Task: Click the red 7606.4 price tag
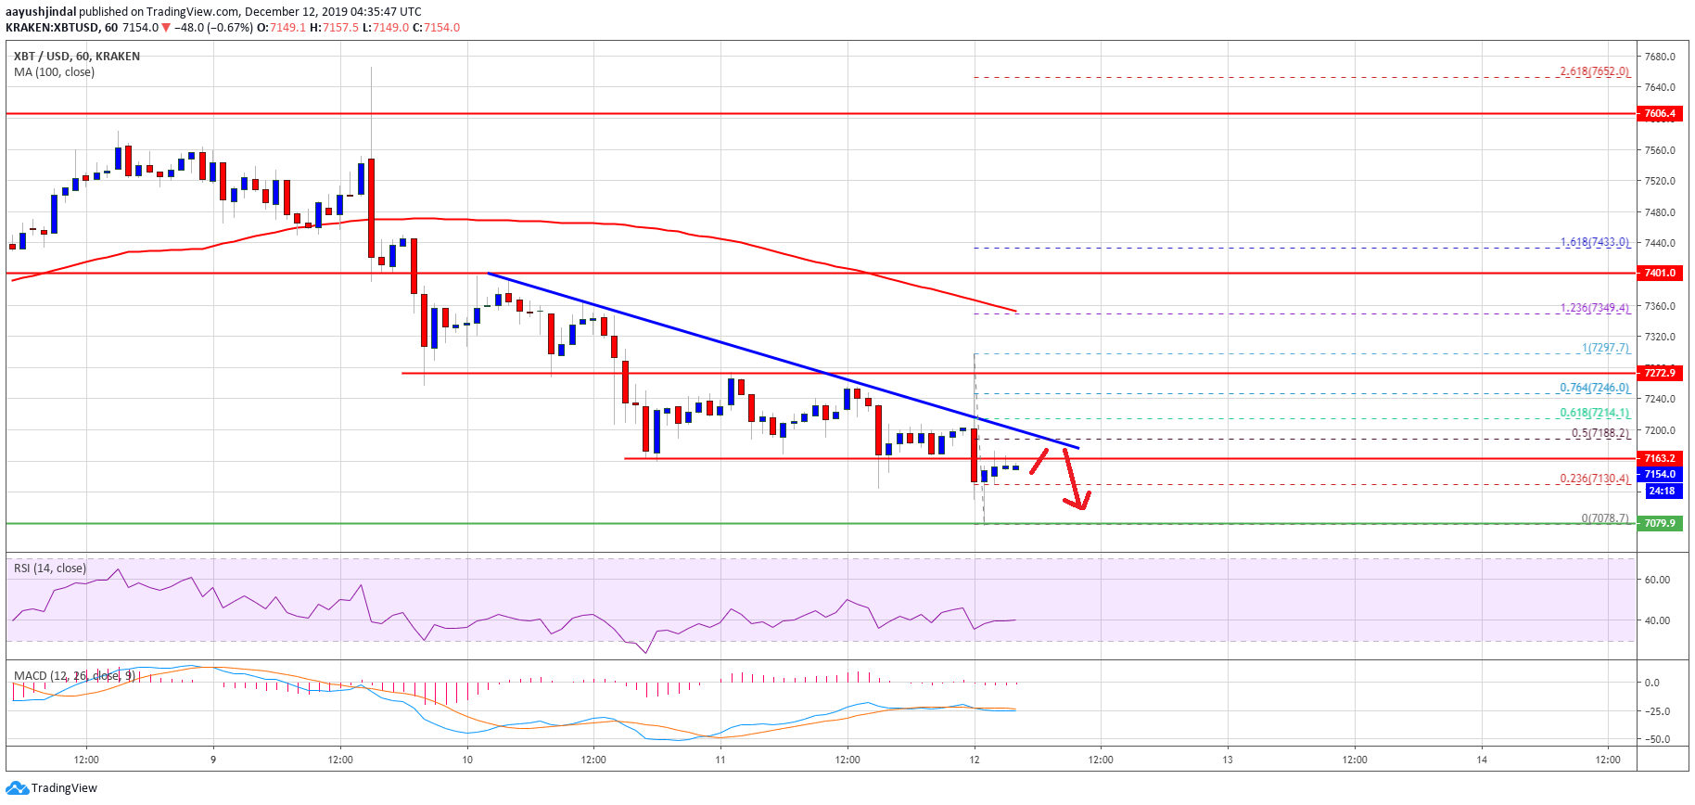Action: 1659,114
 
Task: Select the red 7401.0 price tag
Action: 1659,274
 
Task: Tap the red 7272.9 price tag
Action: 1659,373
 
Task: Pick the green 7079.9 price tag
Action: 1659,523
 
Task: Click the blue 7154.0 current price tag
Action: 1659,474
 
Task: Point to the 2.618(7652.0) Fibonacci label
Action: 1594,71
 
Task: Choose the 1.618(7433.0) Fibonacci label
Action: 1594,242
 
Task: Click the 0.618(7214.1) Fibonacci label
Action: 1594,413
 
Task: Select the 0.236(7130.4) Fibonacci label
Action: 1594,479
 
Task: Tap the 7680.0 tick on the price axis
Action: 1659,57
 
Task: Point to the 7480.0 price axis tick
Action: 1659,212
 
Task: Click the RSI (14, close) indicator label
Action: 50,569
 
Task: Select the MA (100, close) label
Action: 54,72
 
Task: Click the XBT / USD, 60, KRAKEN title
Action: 77,57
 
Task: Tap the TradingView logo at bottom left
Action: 52,788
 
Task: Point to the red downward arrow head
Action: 1078,504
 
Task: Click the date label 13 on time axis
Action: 1228,760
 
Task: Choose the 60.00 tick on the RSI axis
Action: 1657,580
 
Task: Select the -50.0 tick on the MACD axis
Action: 1657,739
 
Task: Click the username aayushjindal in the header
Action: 41,12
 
